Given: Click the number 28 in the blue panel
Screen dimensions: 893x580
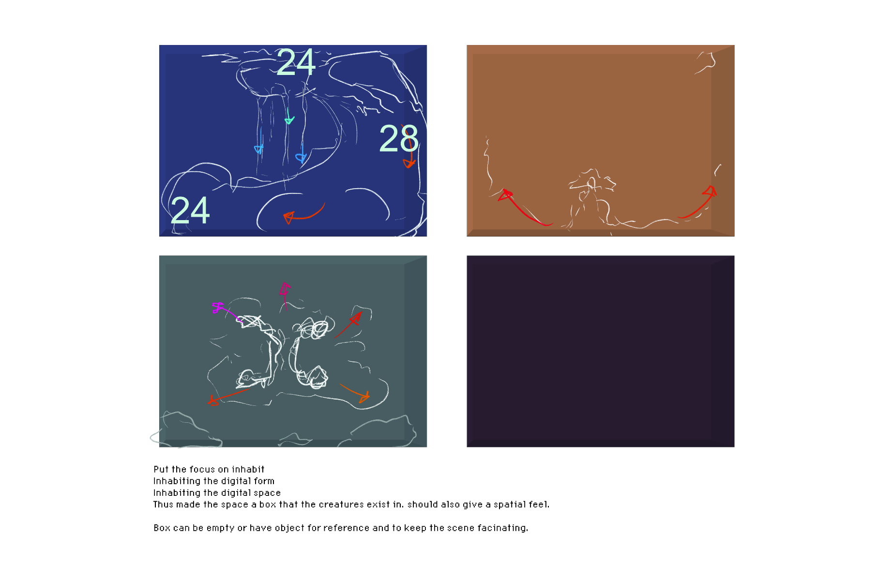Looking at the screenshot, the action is (399, 138).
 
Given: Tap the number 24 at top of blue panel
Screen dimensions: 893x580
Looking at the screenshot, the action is (296, 62).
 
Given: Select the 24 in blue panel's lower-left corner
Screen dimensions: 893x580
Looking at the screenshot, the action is (190, 210).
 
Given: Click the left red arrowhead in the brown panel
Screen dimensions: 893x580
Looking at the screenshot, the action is (505, 195).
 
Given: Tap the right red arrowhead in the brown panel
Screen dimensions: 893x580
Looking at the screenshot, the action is (710, 192).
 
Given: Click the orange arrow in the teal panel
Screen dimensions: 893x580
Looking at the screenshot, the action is (355, 393).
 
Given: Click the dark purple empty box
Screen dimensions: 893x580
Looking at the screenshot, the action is (600, 351).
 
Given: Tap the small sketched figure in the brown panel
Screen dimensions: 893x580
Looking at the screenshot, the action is (591, 196).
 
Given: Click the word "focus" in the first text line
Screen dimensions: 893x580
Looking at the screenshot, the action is (202, 469).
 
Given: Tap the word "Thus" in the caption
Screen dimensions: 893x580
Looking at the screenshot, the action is (163, 504).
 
